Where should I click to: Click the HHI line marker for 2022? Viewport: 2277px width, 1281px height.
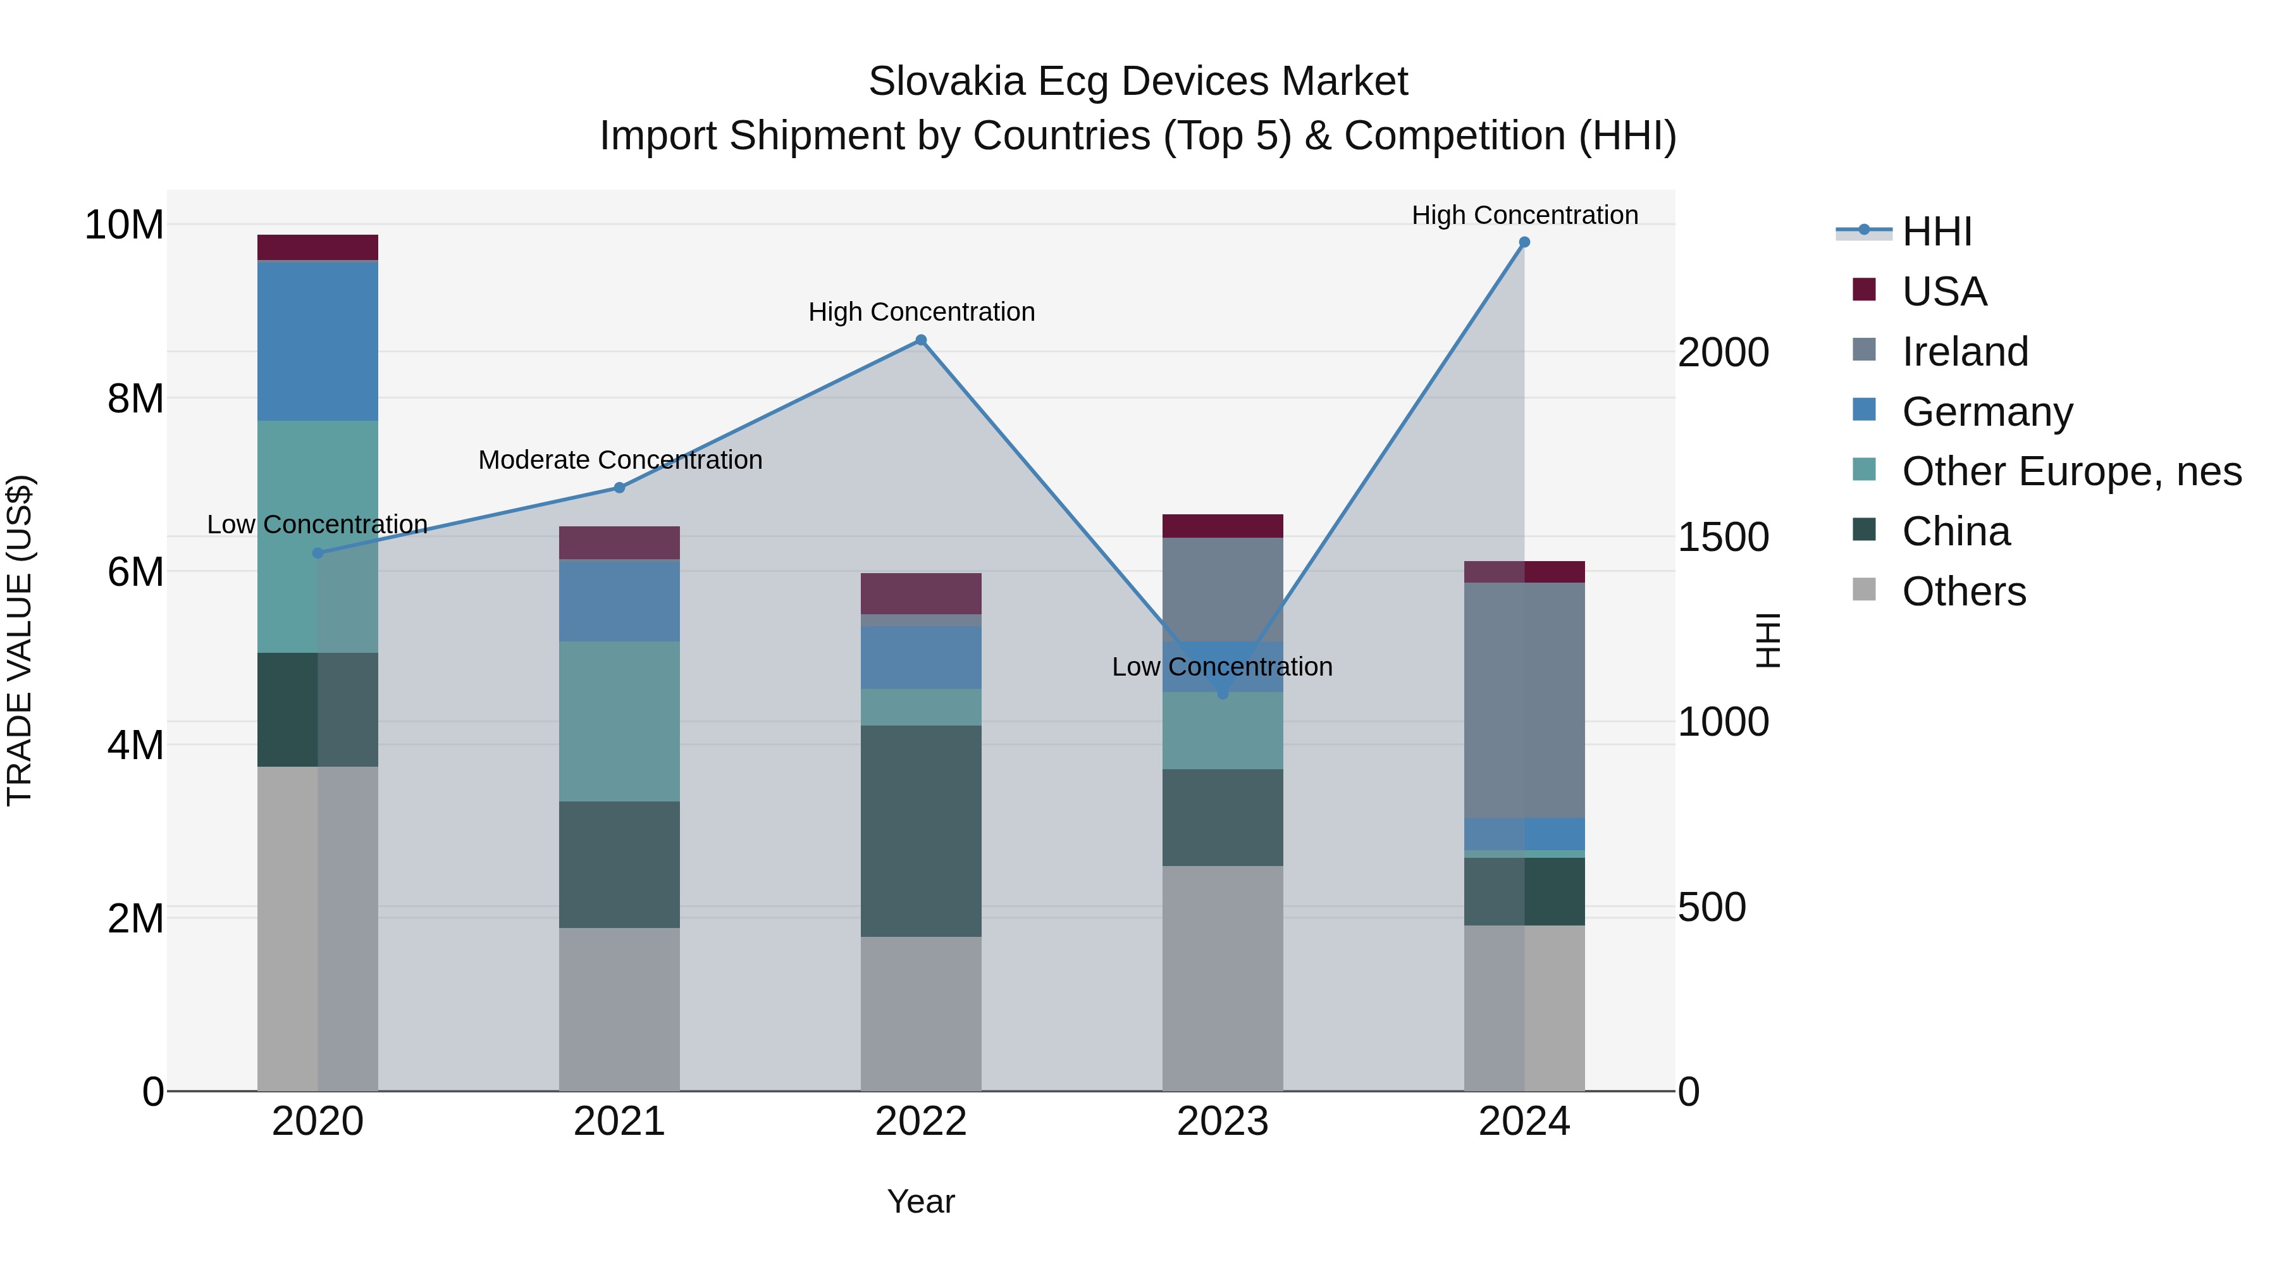[920, 340]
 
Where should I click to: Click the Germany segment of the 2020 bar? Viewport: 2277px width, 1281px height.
[318, 340]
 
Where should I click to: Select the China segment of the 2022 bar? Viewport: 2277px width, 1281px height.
[920, 831]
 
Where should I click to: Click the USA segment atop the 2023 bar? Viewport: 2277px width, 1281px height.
[1223, 526]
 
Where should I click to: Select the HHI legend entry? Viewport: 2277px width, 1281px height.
[1936, 232]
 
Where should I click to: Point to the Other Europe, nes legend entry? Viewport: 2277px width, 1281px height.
[2071, 471]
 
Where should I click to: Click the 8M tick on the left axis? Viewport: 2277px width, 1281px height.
[135, 399]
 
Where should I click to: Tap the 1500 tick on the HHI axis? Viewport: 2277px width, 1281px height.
[1723, 538]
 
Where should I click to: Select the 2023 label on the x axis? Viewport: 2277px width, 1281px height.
[1223, 1122]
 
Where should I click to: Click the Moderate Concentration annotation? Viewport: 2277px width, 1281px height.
[620, 460]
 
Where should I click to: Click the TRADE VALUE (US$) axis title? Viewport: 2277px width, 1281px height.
[20, 640]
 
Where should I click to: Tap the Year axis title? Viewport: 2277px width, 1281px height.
[920, 1201]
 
